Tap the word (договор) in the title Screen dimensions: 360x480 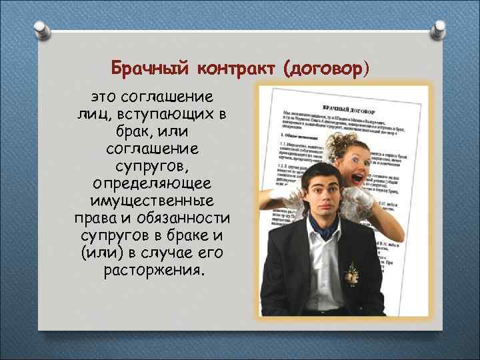pos(325,68)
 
